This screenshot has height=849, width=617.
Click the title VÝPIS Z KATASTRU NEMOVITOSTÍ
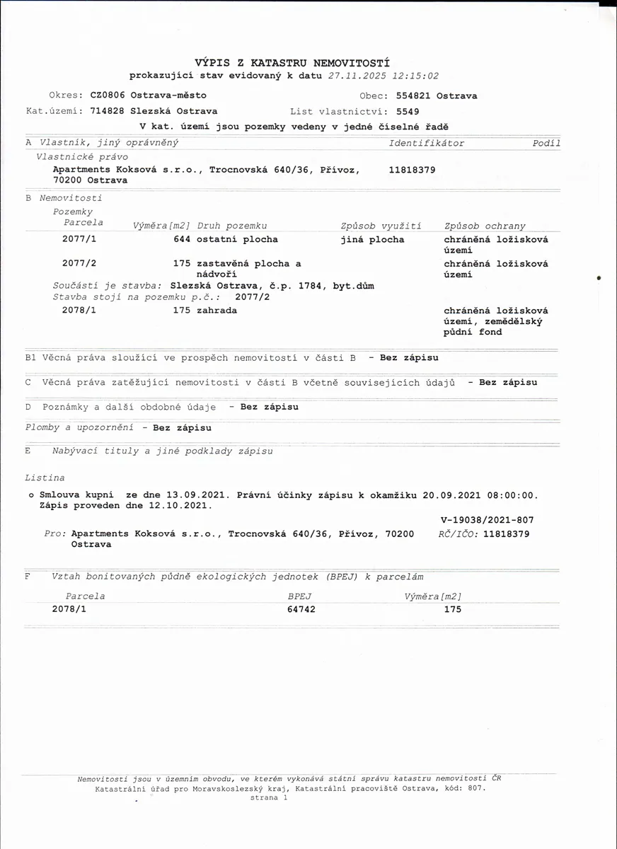coord(292,63)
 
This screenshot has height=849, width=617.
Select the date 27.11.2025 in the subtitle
coord(357,76)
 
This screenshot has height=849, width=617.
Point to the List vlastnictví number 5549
coord(408,111)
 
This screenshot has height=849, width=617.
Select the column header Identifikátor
coord(427,143)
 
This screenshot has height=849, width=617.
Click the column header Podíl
coord(546,143)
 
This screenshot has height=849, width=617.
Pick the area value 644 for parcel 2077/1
coord(182,239)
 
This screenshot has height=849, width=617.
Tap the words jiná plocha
coord(372,239)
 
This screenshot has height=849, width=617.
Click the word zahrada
coord(217,310)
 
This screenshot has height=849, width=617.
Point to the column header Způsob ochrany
coord(485,226)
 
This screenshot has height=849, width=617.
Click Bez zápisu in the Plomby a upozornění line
coord(182,427)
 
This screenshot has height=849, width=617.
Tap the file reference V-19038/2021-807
coord(487,520)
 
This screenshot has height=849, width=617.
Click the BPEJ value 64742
coord(301,609)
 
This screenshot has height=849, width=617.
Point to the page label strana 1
coord(269,797)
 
